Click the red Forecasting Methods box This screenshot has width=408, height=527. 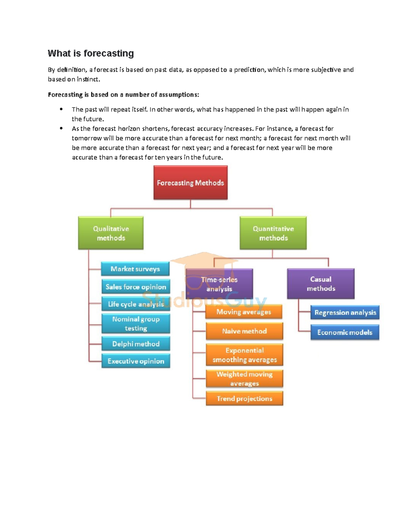click(190, 183)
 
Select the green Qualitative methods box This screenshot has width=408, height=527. click(111, 233)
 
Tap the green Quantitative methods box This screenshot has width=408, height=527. click(273, 233)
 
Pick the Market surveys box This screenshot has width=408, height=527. click(135, 269)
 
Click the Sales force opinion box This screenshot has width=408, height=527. click(136, 287)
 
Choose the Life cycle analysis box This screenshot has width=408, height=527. click(136, 304)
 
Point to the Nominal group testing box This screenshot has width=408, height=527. click(136, 323)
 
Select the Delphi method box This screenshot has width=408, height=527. click(136, 344)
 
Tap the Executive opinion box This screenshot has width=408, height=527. click(136, 361)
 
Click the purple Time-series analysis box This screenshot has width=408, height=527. click(219, 284)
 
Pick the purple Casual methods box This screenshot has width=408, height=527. click(321, 284)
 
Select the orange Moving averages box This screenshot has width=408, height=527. click(244, 312)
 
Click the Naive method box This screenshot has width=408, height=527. click(244, 331)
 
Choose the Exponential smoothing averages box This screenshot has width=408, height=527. click(244, 355)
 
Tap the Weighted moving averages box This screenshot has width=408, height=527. click(244, 378)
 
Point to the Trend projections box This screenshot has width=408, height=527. click(244, 398)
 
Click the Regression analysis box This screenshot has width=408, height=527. click(345, 313)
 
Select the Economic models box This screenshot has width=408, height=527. click(344, 332)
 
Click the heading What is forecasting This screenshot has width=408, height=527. click(91, 53)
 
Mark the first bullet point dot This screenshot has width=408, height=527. click(61, 109)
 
